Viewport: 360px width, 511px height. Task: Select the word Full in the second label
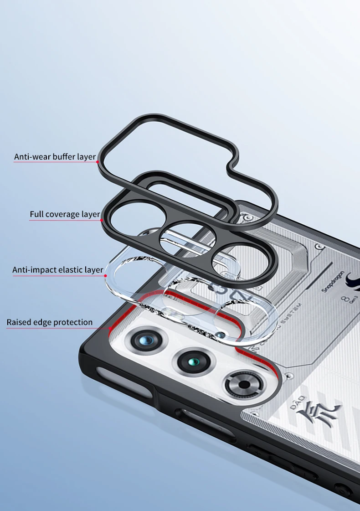coord(37,214)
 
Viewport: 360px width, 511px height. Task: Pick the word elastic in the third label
coord(71,270)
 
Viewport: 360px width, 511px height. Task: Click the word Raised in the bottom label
coord(19,323)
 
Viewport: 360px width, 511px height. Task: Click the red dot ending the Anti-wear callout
coord(98,161)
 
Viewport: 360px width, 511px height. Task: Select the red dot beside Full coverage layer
coord(101,220)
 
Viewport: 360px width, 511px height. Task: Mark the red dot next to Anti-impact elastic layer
coord(105,276)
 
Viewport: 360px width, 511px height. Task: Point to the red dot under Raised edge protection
coord(110,328)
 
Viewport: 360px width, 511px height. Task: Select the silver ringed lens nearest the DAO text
coord(244,384)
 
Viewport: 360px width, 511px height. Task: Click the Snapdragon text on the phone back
coord(331,280)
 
